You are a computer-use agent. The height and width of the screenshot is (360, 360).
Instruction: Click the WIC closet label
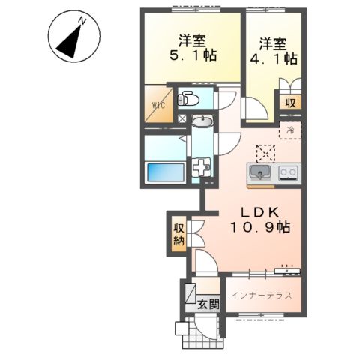(159, 106)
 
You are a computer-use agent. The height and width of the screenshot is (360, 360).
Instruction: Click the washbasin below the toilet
(201, 122)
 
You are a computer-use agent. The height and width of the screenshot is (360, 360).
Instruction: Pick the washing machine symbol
(202, 168)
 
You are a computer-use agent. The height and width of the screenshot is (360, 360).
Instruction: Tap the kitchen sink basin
(258, 173)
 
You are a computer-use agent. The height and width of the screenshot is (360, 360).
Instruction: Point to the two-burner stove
(288, 173)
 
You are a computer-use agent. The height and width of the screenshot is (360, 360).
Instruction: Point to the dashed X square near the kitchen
(265, 153)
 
